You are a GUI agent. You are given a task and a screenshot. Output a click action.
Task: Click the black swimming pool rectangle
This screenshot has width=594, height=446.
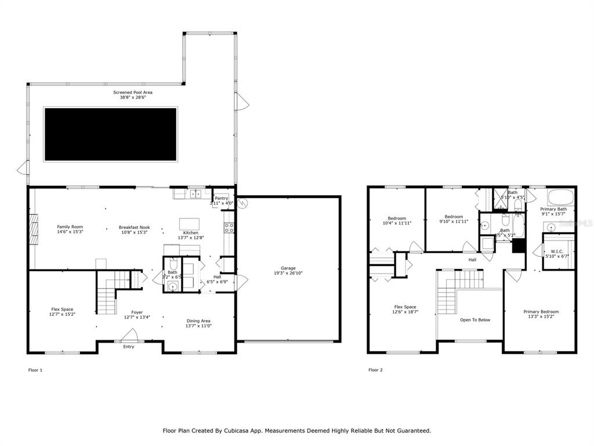click(x=111, y=134)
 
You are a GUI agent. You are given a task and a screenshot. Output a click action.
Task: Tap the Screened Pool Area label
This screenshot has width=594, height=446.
click(x=133, y=92)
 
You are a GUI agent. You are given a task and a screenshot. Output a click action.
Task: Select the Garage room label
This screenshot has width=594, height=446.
click(x=288, y=268)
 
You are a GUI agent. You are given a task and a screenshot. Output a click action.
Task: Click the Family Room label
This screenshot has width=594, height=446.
click(x=70, y=226)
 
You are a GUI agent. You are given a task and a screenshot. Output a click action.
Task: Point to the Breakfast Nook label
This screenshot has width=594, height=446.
click(x=135, y=227)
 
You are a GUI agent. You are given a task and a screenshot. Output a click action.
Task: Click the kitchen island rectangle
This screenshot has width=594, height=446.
click(x=189, y=224)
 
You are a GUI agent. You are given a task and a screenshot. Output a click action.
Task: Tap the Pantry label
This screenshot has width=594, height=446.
click(x=221, y=198)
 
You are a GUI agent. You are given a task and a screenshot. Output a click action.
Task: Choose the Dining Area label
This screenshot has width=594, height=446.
click(x=198, y=321)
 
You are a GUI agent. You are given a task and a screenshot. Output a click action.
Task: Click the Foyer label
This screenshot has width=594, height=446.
click(x=137, y=312)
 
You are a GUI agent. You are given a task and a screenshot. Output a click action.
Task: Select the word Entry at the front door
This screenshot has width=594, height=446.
click(x=129, y=347)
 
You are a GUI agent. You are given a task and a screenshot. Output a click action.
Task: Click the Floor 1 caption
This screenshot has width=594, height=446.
click(x=35, y=369)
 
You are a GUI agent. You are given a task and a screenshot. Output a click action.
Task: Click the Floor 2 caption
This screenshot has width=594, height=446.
click(x=375, y=369)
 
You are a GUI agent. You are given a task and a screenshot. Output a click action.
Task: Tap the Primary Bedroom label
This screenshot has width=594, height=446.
click(x=541, y=312)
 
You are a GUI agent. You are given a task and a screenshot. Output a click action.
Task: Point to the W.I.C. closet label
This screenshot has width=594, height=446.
click(x=557, y=251)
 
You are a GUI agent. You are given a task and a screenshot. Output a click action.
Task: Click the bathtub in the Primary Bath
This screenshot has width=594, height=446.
click(x=560, y=196)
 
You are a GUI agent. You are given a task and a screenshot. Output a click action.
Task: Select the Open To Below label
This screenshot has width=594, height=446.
click(x=475, y=319)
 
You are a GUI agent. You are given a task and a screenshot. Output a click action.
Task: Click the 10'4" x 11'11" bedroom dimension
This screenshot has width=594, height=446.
click(x=397, y=223)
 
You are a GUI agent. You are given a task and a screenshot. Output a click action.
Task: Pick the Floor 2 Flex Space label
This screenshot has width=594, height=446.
click(x=405, y=307)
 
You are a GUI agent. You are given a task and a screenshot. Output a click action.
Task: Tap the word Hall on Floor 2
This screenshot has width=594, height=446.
click(x=472, y=260)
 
